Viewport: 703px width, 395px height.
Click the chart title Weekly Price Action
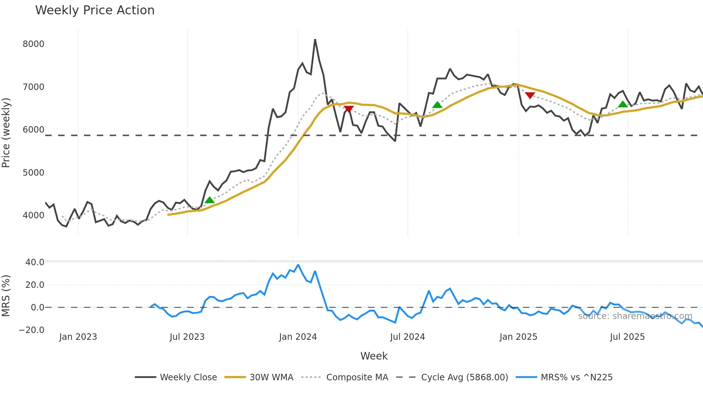(x=95, y=10)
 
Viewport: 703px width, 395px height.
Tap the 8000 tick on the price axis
(x=33, y=44)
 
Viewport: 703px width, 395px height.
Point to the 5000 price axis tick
(x=33, y=173)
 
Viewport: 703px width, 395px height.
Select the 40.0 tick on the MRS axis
(x=35, y=262)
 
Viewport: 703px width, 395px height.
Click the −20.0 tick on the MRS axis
(x=32, y=330)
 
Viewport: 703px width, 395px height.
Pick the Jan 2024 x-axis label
(x=298, y=337)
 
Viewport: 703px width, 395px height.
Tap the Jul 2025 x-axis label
(x=627, y=337)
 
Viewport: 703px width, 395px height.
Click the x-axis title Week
(x=374, y=356)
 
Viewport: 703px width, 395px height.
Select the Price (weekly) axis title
(x=6, y=133)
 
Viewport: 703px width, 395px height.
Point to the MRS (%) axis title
(x=6, y=296)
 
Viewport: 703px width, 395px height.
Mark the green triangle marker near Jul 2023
(x=209, y=200)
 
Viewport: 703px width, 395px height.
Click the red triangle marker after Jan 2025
(x=530, y=95)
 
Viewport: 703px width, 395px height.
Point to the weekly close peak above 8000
(x=315, y=40)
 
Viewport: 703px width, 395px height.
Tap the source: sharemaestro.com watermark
(x=635, y=316)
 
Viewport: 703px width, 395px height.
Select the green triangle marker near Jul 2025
(x=623, y=104)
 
